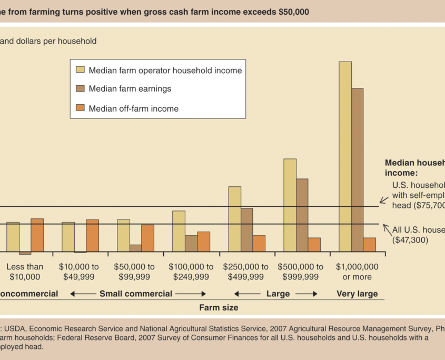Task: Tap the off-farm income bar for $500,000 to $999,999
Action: (x=314, y=245)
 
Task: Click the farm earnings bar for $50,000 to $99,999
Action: (x=135, y=248)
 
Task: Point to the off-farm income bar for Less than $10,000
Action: (x=37, y=235)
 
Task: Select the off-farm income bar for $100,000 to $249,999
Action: (x=204, y=242)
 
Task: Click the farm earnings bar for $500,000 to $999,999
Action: (x=302, y=215)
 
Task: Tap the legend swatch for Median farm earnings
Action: (x=81, y=89)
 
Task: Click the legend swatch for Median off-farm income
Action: (x=81, y=108)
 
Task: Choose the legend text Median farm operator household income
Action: (x=165, y=70)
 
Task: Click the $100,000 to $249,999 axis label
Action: (x=191, y=272)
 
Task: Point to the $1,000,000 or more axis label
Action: (x=357, y=272)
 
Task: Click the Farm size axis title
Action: (x=219, y=307)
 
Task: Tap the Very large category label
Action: (x=357, y=294)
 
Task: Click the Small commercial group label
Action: (x=136, y=294)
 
